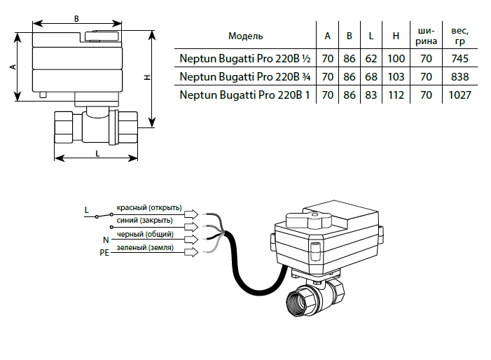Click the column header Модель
pyautogui.click(x=246, y=35)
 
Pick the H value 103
pyautogui.click(x=396, y=76)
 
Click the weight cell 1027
pyautogui.click(x=460, y=94)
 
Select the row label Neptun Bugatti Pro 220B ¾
pyautogui.click(x=244, y=76)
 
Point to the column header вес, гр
pyautogui.click(x=460, y=35)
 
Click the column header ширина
pyautogui.click(x=427, y=35)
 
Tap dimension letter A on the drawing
pyautogui.click(x=13, y=67)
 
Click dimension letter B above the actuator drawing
pyautogui.click(x=76, y=19)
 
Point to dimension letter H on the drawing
pyautogui.click(x=147, y=79)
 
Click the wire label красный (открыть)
pyautogui.click(x=149, y=207)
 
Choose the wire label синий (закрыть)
pyautogui.click(x=144, y=221)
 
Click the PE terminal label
pyautogui.click(x=104, y=252)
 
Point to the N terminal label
pyautogui.click(x=106, y=240)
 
